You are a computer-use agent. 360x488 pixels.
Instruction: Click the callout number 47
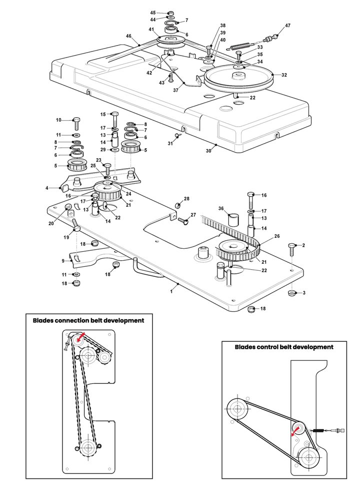[287, 26]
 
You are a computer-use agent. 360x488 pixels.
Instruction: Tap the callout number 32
[284, 75]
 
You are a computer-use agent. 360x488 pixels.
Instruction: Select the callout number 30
[208, 151]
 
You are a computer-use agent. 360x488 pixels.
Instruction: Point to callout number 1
[171, 291]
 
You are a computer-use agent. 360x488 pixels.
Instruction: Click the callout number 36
[221, 209]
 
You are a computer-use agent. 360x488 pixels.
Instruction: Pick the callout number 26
[277, 236]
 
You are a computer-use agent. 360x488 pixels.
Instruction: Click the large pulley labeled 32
[238, 78]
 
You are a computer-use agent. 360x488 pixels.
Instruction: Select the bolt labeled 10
[76, 124]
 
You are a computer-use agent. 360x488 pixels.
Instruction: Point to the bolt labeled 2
[291, 249]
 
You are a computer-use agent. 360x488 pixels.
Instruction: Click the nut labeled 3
[291, 293]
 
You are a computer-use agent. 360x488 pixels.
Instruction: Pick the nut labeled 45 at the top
[170, 13]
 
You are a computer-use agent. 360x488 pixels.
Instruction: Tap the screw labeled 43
[170, 78]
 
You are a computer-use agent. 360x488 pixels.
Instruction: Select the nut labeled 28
[178, 205]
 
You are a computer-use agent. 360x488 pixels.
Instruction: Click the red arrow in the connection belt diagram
[80, 337]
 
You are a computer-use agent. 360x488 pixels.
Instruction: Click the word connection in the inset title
[71, 320]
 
